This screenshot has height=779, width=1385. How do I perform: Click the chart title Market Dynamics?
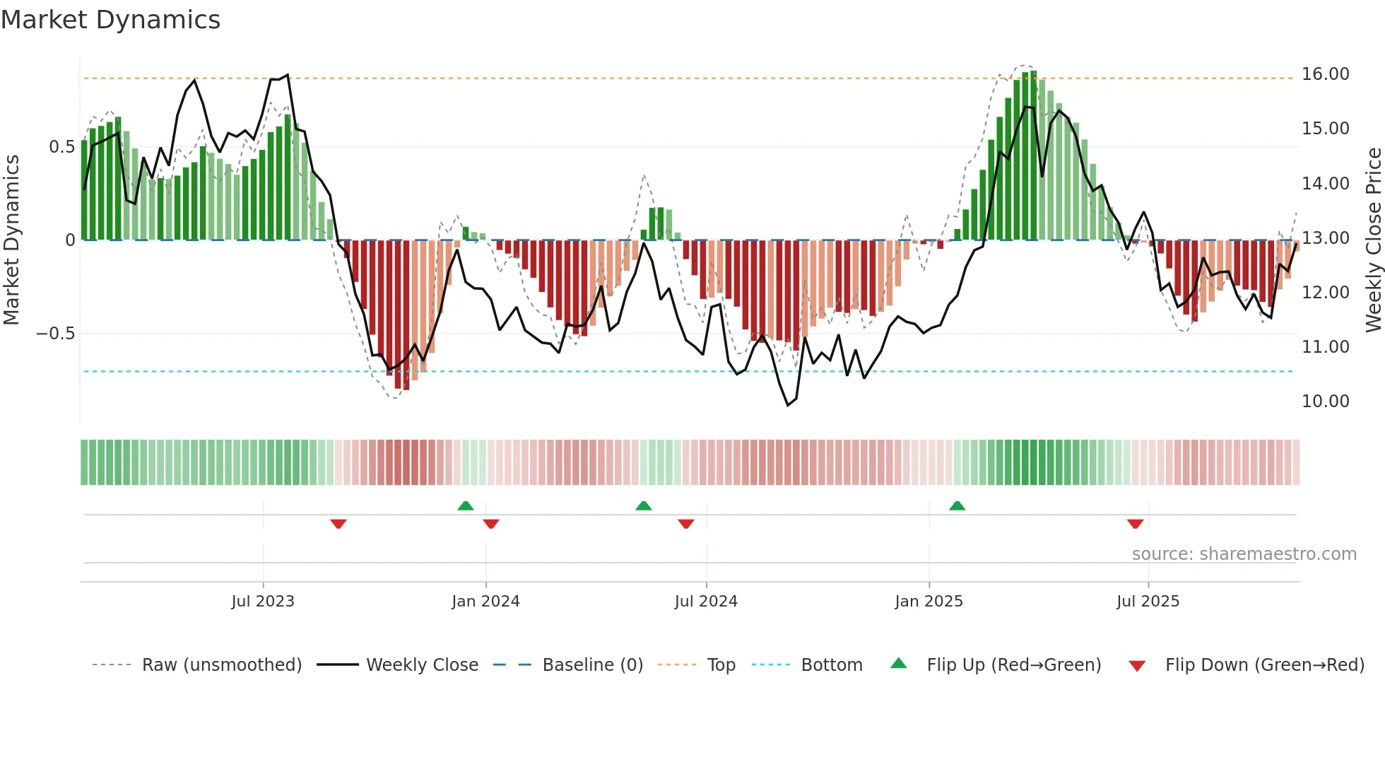pos(110,20)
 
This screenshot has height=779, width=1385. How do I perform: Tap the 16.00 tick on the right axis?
pos(1325,74)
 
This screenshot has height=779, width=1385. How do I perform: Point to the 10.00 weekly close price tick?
pos(1325,402)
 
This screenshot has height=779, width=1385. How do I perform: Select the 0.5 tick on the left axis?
pos(61,147)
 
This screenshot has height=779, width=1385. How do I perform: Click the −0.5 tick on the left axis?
pos(56,334)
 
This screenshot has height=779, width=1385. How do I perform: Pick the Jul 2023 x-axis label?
pos(263,602)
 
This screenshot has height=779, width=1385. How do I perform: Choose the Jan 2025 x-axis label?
pos(929,602)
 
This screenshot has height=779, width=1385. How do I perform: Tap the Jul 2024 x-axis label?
pos(706,602)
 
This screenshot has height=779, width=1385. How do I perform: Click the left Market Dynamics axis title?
pos(11,240)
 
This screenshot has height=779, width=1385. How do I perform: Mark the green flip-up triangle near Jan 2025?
pos(957,505)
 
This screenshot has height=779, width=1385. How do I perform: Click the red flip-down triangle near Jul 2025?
pos(1136,524)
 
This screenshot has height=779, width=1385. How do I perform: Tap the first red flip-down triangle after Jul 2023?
pos(338,524)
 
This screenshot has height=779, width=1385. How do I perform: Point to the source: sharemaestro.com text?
pos(1244,554)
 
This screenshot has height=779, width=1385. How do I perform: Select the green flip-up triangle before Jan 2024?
pos(465,505)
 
